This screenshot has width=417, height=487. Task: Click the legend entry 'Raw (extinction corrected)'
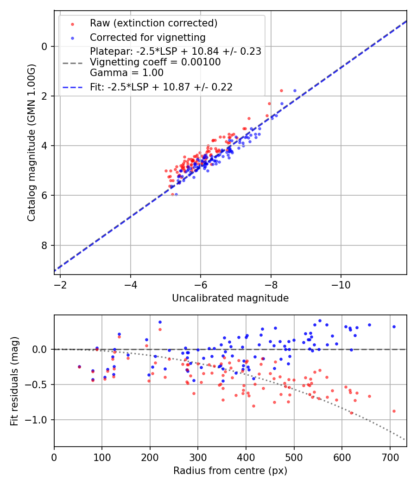pos(153,23)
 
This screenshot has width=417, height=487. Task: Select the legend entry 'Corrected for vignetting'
pos(147,37)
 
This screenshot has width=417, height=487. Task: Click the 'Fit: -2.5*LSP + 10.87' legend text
pos(161,87)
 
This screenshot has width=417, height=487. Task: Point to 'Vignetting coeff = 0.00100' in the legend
pos(155,62)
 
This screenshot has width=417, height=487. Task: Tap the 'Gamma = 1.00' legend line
pos(126,73)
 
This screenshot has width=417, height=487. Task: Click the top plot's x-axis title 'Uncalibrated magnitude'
pos(230,298)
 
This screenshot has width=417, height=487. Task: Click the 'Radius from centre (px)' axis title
pos(230,471)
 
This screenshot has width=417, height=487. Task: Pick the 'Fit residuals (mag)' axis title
pos(14,381)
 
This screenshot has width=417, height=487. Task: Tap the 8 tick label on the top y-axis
pos(45,245)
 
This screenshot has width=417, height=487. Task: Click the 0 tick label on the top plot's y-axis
pos(45,46)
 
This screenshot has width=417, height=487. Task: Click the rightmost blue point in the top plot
pos(295,91)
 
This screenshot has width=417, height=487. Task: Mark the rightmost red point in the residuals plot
pos(394,411)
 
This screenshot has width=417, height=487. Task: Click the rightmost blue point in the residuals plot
pos(394,327)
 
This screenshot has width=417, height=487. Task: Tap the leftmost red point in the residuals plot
pos(79,367)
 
